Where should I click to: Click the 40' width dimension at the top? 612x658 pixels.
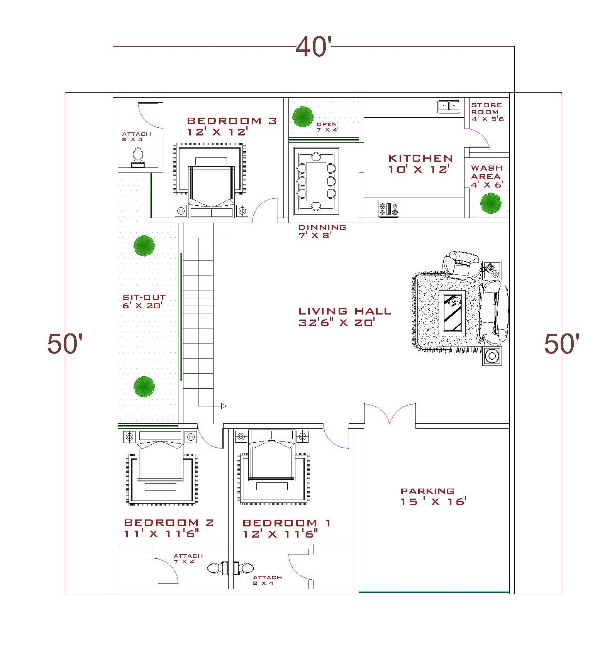tap(314, 47)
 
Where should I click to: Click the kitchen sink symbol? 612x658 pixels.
tap(449, 106)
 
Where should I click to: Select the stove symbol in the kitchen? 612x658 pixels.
tap(388, 209)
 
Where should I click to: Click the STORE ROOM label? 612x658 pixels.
tap(487, 108)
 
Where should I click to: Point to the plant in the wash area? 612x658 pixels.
tap(491, 203)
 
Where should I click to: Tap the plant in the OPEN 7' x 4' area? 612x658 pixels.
tap(303, 117)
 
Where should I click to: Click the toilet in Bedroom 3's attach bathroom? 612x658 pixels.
tap(138, 158)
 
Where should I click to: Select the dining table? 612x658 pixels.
tap(316, 181)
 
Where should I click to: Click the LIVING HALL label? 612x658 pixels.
tap(345, 311)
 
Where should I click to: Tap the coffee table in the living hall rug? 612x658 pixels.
tap(452, 313)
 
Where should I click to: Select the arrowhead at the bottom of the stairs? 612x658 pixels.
tap(224, 406)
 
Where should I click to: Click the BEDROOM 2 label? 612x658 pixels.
tap(169, 523)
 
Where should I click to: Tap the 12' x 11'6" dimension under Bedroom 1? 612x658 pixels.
tap(280, 534)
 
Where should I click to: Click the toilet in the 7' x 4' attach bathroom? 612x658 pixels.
tap(215, 568)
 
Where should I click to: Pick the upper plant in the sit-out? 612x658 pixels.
tap(144, 246)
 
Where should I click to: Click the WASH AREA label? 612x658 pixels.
tap(487, 172)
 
